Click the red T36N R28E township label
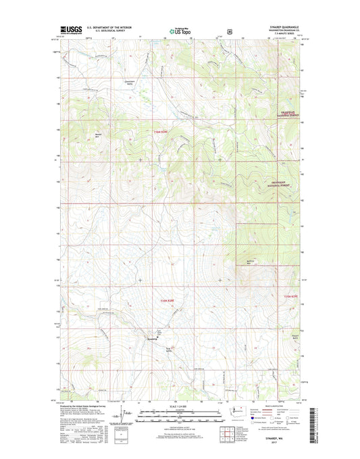tap(158, 131)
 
